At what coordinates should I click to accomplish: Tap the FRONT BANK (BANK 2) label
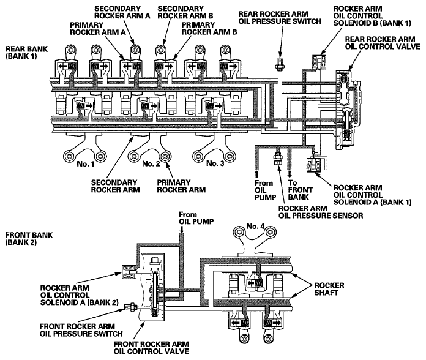click(x=24, y=239)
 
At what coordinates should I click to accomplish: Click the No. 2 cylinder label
click(x=150, y=164)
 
